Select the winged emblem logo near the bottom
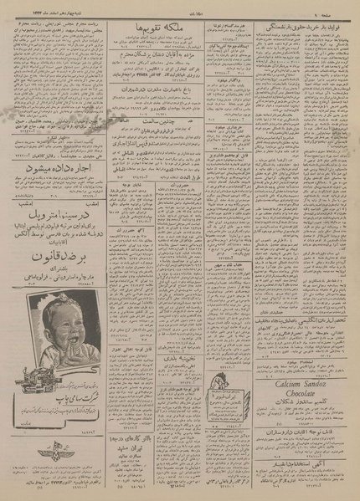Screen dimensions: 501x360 61,474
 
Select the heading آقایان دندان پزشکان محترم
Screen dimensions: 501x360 162,51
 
